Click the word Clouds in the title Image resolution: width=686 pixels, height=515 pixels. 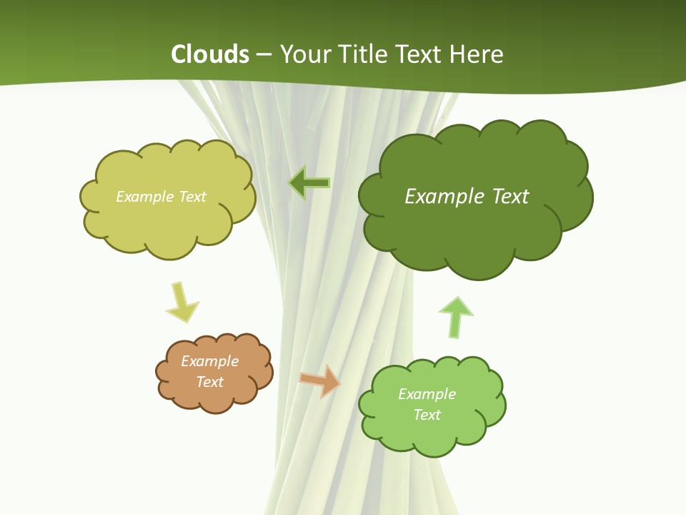210,54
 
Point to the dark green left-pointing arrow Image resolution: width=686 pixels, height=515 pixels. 309,183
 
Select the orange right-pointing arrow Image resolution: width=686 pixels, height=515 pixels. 321,380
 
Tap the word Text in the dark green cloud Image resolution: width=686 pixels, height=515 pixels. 511,196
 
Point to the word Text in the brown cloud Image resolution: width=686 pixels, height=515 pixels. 210,382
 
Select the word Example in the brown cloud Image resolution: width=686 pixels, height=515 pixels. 210,361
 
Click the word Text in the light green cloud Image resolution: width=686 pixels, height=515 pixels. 427,415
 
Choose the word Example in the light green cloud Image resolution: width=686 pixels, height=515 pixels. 427,394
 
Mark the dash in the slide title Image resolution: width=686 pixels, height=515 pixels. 264,55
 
